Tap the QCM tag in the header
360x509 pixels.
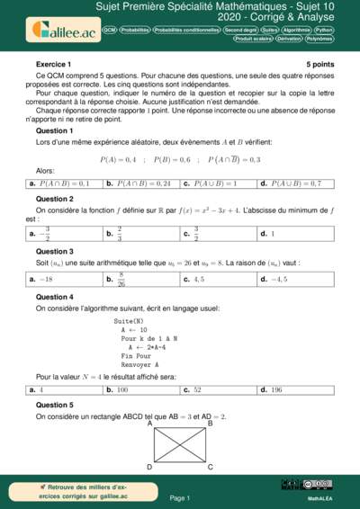click(x=110, y=30)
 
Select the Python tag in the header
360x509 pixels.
click(x=324, y=30)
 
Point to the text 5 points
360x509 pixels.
click(x=319, y=65)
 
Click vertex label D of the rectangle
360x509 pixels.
click(x=149, y=467)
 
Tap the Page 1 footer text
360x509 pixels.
click(x=180, y=497)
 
